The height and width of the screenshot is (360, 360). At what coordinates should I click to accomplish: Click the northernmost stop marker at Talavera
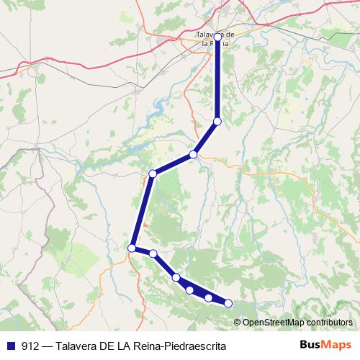pos(217,36)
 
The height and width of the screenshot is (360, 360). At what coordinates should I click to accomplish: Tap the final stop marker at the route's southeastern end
pos(229,304)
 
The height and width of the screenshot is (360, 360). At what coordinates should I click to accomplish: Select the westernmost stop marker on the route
pos(132,248)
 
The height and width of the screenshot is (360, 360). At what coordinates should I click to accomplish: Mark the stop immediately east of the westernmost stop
pos(153,253)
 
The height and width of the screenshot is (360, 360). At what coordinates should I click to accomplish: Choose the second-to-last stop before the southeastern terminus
pos(209,298)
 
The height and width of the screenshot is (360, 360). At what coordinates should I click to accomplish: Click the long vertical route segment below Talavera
pos(217,79)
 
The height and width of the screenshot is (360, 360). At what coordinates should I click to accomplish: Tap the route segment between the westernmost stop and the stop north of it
pos(142,211)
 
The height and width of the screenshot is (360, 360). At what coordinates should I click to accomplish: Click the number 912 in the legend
pos(30,346)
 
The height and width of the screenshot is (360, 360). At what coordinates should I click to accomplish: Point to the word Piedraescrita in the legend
pos(194,346)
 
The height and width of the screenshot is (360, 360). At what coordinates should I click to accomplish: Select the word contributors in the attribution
pos(330,322)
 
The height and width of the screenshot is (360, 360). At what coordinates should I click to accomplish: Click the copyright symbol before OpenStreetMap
pos(238,322)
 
